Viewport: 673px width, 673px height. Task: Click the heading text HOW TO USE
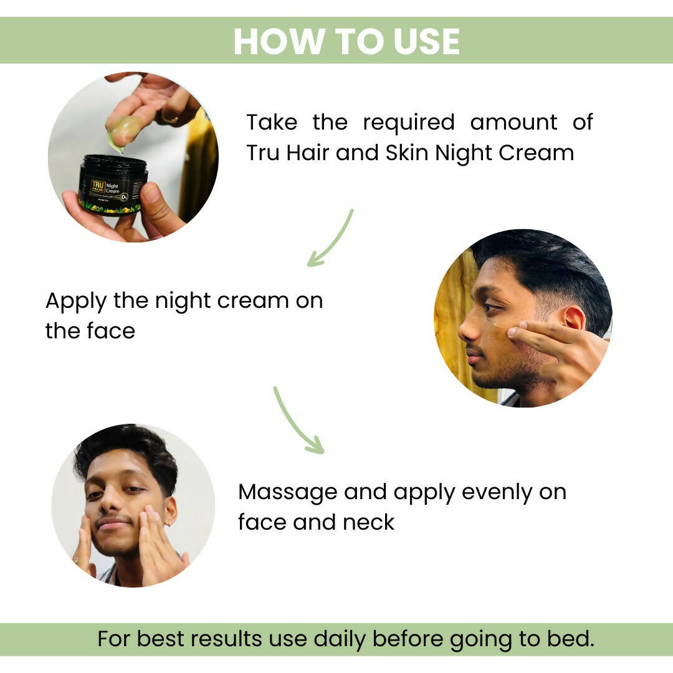346,41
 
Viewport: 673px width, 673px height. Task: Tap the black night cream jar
113,185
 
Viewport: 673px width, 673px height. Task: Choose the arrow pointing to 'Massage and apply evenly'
297,421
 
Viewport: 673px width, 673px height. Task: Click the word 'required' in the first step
409,122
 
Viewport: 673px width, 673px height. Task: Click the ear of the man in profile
571,317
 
